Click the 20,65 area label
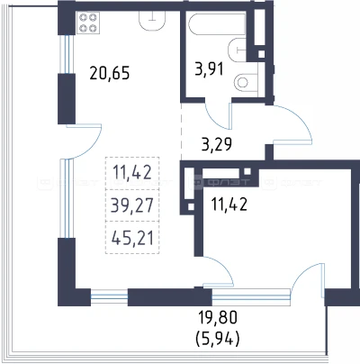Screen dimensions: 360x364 point(110,73)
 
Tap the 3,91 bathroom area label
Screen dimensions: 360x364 point(209,68)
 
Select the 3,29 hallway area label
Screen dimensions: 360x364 point(216,144)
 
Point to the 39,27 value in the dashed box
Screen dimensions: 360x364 point(132,205)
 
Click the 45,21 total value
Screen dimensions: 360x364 point(132,239)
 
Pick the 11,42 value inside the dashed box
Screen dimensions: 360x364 point(132,173)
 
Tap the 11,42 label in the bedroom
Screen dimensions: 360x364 point(229,205)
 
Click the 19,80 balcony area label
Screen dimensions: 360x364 point(218,317)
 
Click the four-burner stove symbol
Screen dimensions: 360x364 point(88,23)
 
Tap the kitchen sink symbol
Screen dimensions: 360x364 point(152,21)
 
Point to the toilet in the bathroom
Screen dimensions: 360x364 point(246,81)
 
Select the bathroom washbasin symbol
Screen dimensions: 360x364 point(237,50)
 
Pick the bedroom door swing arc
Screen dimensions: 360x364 point(225,267)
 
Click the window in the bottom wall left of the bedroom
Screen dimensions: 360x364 point(109,296)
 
